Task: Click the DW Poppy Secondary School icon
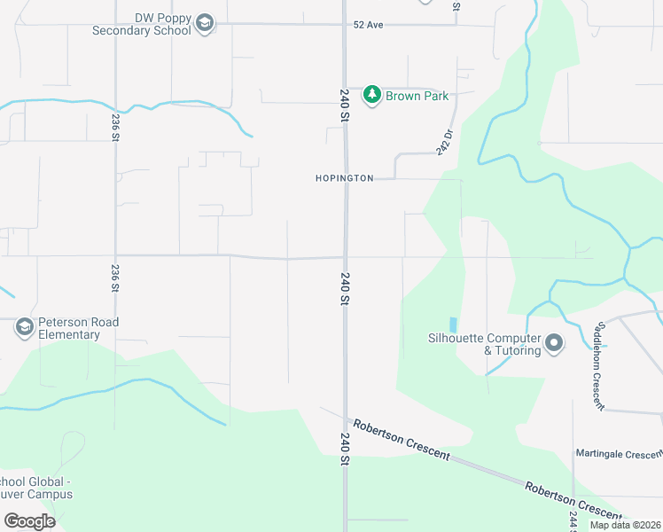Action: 205,23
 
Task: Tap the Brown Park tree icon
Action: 373,95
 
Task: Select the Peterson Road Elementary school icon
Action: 24,328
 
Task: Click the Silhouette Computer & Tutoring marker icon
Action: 554,342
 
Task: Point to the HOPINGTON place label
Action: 344,178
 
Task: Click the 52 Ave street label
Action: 368,25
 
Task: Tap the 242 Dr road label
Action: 445,142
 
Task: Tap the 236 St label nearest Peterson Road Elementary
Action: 115,278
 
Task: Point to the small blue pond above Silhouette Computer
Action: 453,325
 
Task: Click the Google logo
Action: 29,521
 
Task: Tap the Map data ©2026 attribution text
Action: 625,525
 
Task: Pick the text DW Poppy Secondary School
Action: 142,24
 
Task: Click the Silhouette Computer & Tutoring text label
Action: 484,344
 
